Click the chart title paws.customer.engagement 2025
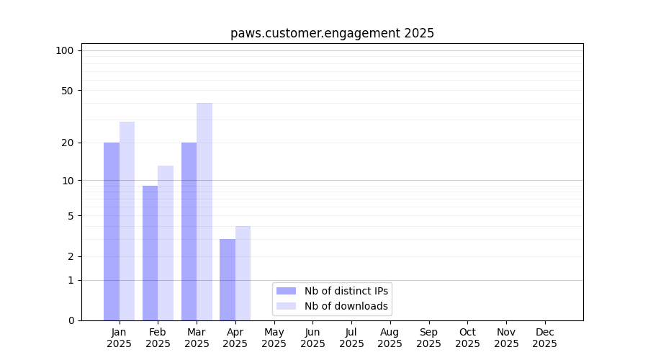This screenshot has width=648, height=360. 332,33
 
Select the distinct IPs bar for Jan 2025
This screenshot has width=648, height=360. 112,231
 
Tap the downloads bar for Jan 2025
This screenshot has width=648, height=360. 127,221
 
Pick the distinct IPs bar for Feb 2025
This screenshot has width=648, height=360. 150,253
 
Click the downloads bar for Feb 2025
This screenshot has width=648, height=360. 166,243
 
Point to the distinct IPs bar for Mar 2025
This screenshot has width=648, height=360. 189,231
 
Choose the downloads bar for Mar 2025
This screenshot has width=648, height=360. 204,212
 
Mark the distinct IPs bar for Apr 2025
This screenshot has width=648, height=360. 228,279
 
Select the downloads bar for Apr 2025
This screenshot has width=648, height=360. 243,273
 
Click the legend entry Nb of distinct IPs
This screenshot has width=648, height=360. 346,291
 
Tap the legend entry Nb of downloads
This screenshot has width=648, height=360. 346,306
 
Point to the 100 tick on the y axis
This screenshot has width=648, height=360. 65,50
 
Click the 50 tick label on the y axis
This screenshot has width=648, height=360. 67,91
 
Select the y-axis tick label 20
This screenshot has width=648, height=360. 67,143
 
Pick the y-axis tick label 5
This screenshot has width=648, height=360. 70,216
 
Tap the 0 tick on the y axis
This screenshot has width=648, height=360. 70,320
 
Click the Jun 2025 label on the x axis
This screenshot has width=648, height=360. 312,338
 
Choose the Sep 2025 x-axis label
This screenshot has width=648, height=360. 428,338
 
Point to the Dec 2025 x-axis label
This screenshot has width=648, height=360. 544,338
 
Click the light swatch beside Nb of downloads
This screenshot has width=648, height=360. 286,306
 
